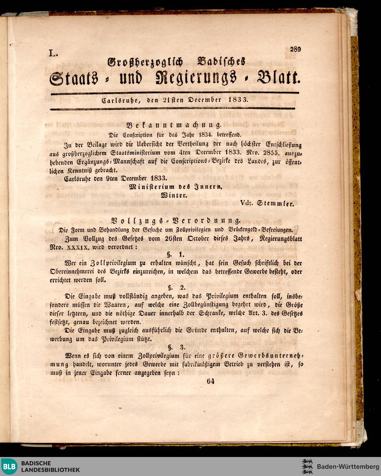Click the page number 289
295,49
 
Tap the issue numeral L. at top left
52,54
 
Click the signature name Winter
174,195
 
